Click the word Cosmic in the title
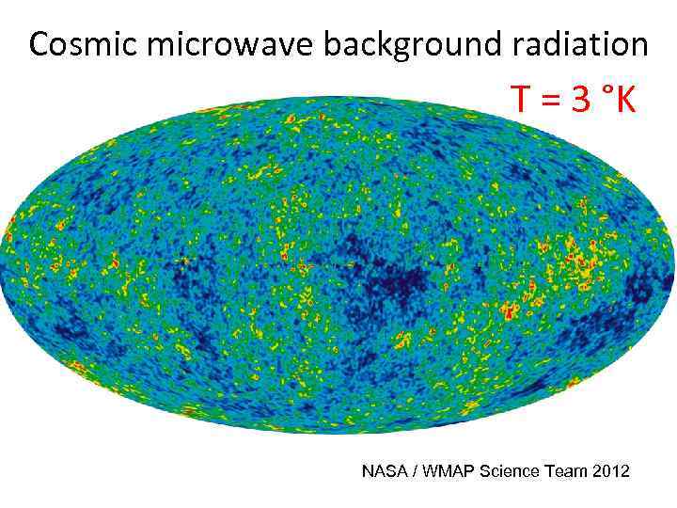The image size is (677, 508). pyautogui.click(x=78, y=44)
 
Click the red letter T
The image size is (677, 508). pyautogui.click(x=521, y=98)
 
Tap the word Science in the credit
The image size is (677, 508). pyautogui.click(x=508, y=470)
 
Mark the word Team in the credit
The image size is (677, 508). pyautogui.click(x=563, y=470)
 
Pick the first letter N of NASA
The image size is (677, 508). pyautogui.click(x=368, y=470)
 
